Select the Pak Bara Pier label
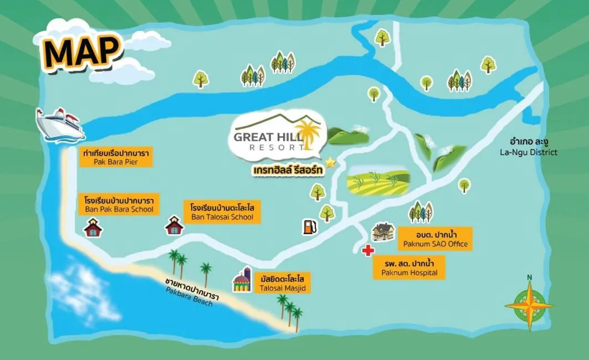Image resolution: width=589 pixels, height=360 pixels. pyautogui.click(x=116, y=157)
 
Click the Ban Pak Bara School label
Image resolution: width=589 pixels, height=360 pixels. pyautogui.click(x=119, y=204)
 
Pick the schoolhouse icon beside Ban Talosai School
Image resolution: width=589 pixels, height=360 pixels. pyautogui.click(x=174, y=226)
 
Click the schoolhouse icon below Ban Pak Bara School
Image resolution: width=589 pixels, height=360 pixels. pyautogui.click(x=93, y=227)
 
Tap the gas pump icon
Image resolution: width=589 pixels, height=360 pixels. pyautogui.click(x=309, y=226)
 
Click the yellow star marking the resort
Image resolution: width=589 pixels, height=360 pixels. pyautogui.click(x=330, y=162)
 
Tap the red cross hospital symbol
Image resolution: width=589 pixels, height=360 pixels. pyautogui.click(x=367, y=251)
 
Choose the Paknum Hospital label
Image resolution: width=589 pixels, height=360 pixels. pyautogui.click(x=408, y=268)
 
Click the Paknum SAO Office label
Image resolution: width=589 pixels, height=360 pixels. pyautogui.click(x=435, y=239)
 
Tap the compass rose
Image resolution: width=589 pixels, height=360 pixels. pyautogui.click(x=529, y=304)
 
